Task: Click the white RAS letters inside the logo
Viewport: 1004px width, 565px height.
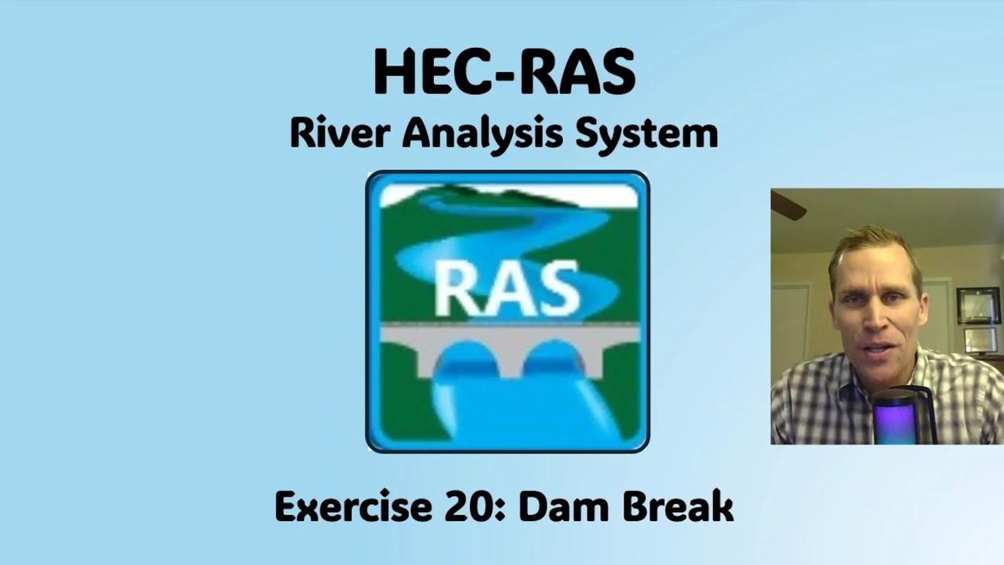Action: (x=507, y=287)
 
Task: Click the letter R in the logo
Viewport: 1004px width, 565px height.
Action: (x=455, y=287)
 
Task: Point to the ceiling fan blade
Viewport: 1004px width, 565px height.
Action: (x=788, y=205)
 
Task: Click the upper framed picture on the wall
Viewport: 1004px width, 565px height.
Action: (x=977, y=304)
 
